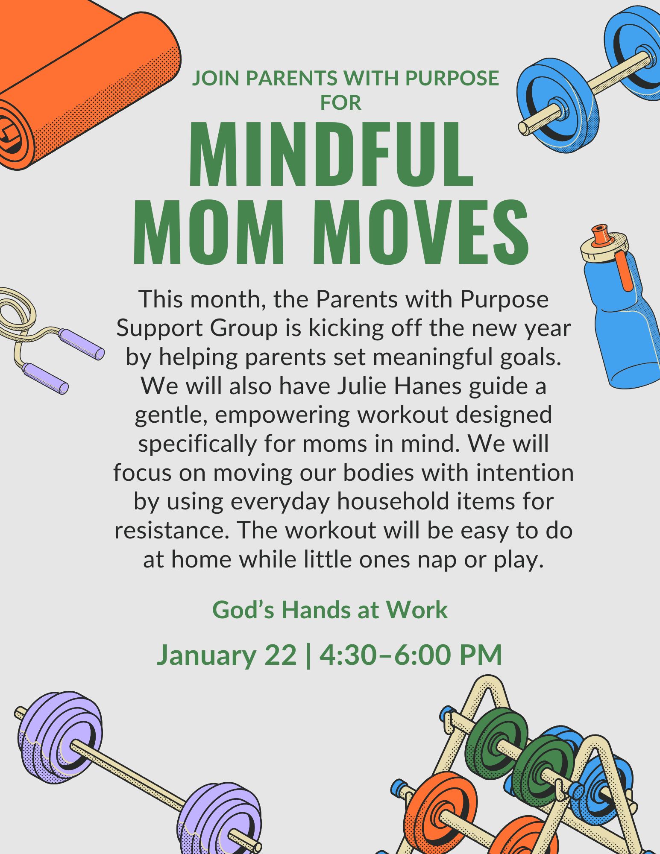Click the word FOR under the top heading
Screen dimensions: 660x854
tap(341, 102)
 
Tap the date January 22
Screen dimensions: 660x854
tap(227, 655)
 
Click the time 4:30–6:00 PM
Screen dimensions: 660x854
tap(411, 655)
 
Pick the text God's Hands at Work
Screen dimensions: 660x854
tap(330, 609)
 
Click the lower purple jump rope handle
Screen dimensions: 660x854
tap(45, 378)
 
